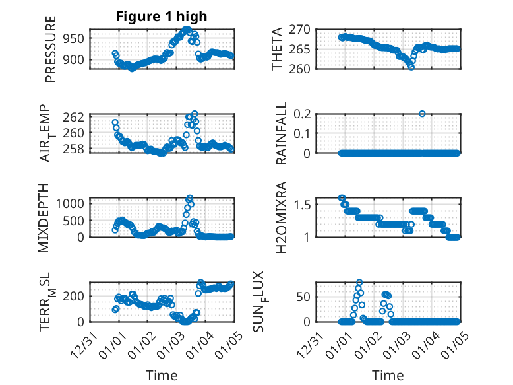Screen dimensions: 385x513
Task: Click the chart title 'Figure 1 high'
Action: pyautogui.click(x=162, y=17)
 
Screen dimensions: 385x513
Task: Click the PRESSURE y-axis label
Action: pyautogui.click(x=51, y=49)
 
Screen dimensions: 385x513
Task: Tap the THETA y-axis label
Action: pyautogui.click(x=278, y=49)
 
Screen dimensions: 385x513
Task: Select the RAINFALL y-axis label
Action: pyautogui.click(x=281, y=133)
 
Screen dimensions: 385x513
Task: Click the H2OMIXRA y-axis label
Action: pyautogui.click(x=281, y=217)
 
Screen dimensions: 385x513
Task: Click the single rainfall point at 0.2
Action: pyautogui.click(x=422, y=114)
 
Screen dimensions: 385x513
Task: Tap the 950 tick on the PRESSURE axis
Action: pyautogui.click(x=74, y=38)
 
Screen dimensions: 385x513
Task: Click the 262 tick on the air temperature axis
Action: pyautogui.click(x=74, y=116)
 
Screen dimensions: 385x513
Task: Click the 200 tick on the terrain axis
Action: pyautogui.click(x=74, y=297)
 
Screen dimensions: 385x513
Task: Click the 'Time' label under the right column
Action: pyautogui.click(x=388, y=375)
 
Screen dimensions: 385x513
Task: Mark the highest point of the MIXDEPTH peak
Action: pyautogui.click(x=190, y=198)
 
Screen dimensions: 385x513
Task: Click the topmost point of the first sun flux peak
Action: pyautogui.click(x=359, y=282)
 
